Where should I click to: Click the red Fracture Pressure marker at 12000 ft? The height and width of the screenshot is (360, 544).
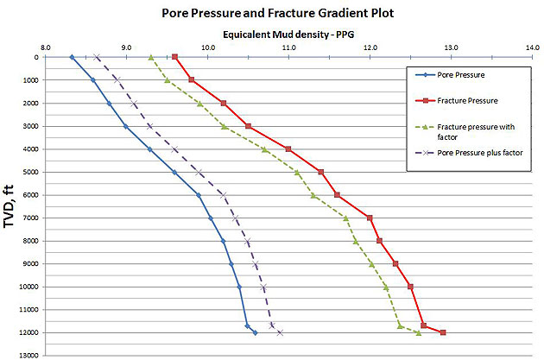(x=443, y=332)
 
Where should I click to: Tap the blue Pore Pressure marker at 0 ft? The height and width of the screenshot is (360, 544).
(x=72, y=58)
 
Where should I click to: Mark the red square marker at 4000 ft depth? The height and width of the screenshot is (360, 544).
(x=288, y=149)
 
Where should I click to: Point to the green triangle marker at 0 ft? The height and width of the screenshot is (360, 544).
(x=151, y=58)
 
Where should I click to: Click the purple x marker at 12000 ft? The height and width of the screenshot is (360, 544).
(x=280, y=332)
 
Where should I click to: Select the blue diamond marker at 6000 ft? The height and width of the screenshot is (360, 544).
(x=199, y=195)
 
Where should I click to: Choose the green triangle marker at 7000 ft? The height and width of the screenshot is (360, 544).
(x=346, y=218)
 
